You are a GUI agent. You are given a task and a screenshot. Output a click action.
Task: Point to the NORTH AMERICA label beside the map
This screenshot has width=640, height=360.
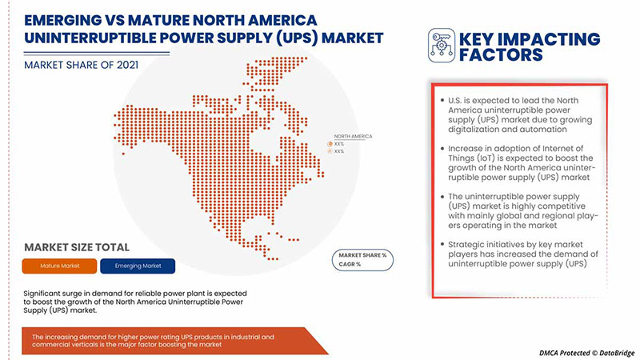[352, 137]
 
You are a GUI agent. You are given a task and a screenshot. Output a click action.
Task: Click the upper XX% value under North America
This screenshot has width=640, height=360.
[339, 144]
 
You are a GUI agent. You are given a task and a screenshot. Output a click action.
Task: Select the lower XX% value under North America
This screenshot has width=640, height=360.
[339, 151]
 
